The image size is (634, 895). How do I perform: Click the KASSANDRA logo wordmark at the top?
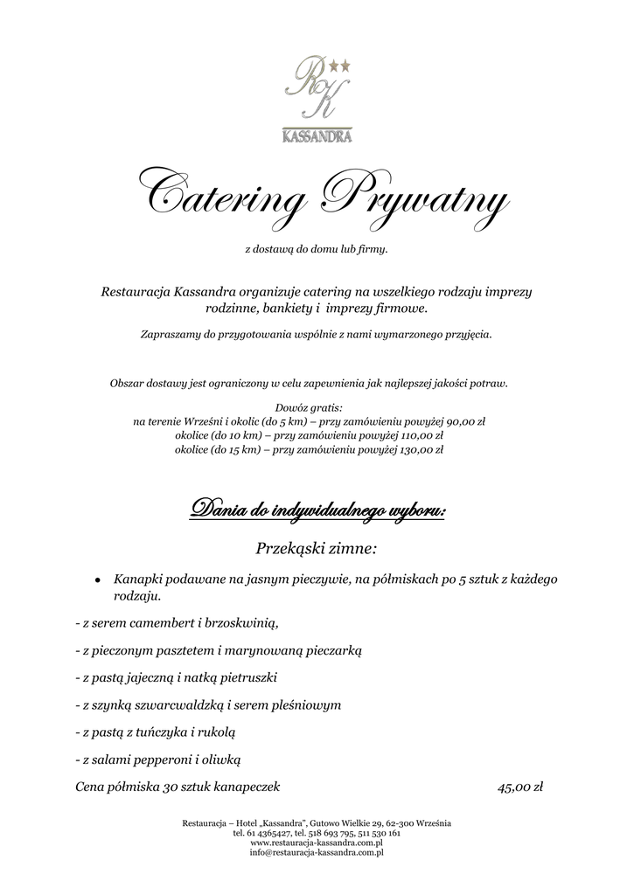[317, 136]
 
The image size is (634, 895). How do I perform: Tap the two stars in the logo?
[339, 65]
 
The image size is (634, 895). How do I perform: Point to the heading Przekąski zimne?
[317, 549]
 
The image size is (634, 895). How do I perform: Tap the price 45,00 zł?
[520, 787]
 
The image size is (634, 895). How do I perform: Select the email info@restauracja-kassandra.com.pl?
[317, 852]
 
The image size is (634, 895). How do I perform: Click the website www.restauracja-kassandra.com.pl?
[317, 843]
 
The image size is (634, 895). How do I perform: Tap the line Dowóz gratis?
[309, 407]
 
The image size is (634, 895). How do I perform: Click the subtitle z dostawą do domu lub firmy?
[317, 250]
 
